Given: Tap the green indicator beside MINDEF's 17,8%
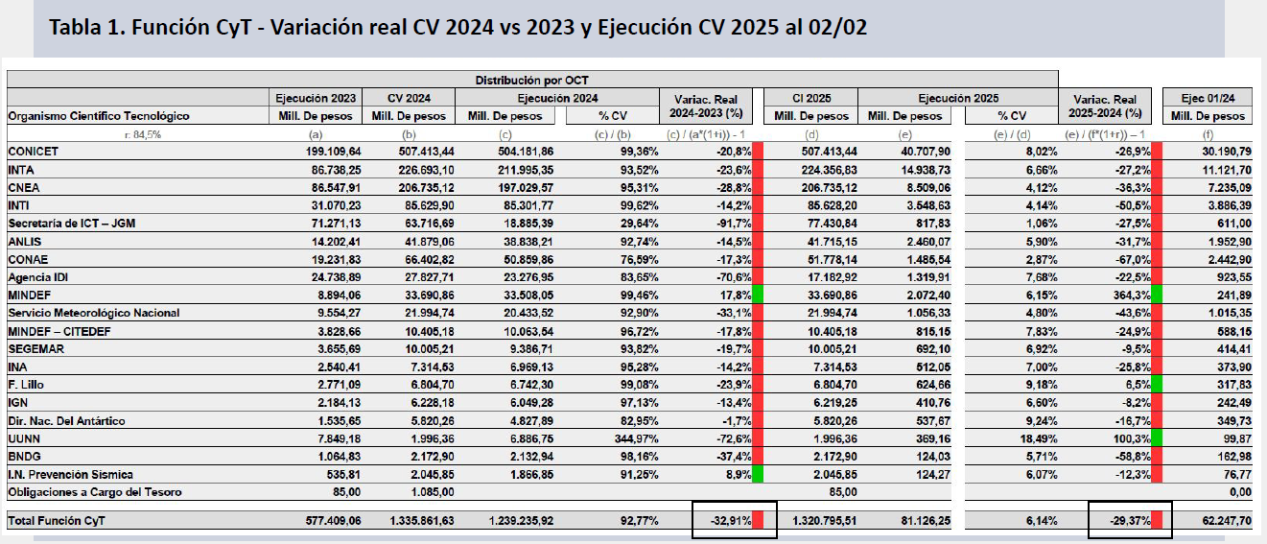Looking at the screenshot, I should pyautogui.click(x=758, y=295).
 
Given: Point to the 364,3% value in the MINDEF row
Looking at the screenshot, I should pyautogui.click(x=1130, y=295).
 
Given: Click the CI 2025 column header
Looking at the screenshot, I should pyautogui.click(x=811, y=98).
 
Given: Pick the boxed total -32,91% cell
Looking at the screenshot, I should pyautogui.click(x=727, y=521).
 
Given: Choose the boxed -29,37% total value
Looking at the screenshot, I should pyautogui.click(x=1123, y=521).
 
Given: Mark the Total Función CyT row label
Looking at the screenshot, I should pyautogui.click(x=58, y=521).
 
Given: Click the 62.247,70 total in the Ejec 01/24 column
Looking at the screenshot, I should pyautogui.click(x=1216, y=521).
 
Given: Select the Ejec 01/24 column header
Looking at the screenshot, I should pyautogui.click(x=1207, y=98).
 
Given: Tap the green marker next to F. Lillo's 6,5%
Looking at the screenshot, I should pyautogui.click(x=1157, y=385).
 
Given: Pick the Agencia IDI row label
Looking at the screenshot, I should pyautogui.click(x=38, y=276).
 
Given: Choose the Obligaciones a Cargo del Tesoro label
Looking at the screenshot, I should pyautogui.click(x=94, y=492).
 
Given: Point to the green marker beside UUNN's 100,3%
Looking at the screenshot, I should pyautogui.click(x=1157, y=438).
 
